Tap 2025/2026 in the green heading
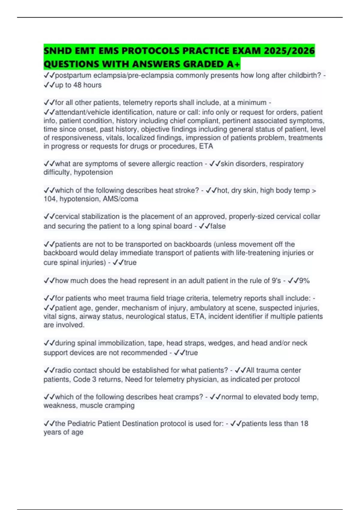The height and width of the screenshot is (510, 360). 289,51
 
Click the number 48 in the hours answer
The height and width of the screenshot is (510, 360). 77,85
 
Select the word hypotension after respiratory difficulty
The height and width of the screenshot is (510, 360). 93,172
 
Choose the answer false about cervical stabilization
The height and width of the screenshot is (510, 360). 218,226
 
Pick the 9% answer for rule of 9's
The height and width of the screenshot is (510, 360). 304,281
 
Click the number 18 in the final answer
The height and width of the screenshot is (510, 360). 304,424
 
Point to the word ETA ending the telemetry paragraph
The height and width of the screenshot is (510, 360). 206,146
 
